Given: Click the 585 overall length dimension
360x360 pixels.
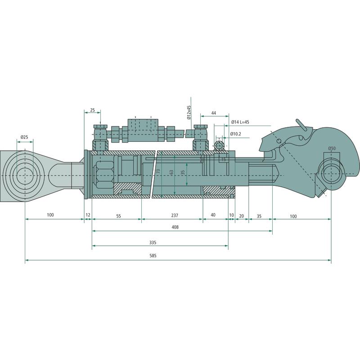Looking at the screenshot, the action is coord(153,256).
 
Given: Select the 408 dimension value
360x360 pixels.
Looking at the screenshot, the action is coord(175,227).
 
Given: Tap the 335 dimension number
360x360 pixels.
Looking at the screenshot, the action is coord(153,243).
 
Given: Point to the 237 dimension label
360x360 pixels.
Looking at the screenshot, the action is coord(175,215).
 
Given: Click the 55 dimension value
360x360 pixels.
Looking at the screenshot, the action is coord(118,216).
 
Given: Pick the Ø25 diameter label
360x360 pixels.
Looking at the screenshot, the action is coord(24,137).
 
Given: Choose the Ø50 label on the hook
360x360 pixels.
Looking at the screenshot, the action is coord(332,148).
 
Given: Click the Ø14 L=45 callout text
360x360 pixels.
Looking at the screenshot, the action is coord(240,122).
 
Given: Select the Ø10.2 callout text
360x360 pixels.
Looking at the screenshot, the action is coord(235,134).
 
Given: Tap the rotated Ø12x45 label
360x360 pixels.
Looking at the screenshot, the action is coord(189,112).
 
